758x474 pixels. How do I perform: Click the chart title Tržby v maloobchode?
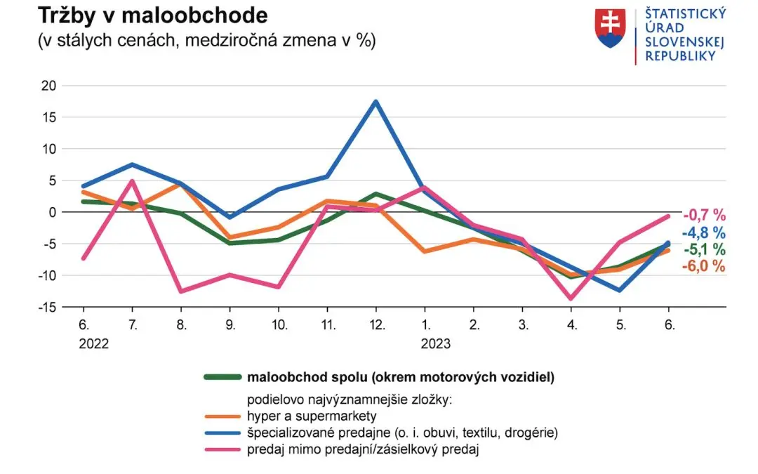point(153,15)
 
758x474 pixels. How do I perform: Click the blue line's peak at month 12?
point(376,102)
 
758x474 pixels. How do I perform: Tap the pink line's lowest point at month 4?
point(571,298)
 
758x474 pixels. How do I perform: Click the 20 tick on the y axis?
point(47,86)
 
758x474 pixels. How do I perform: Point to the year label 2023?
point(435,344)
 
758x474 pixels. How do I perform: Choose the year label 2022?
point(94,344)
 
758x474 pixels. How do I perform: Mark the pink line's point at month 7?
point(132,181)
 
